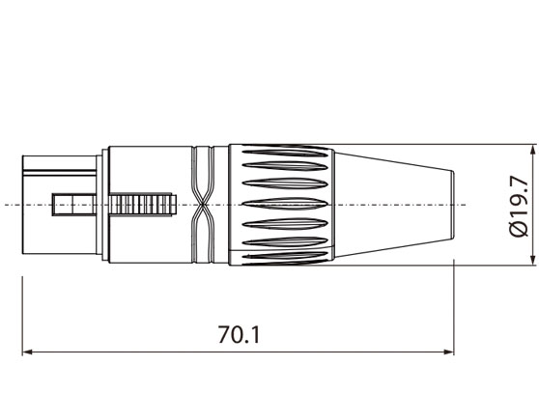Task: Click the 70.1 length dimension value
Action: coord(239,335)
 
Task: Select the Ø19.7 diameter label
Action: coord(519,205)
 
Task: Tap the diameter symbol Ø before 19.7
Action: coord(519,229)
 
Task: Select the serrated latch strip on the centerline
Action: coord(144,204)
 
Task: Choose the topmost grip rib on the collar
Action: coord(285,152)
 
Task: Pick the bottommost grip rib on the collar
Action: coord(285,256)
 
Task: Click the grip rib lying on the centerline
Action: coord(285,204)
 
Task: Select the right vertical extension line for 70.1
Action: coord(455,309)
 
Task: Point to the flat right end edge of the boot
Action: coord(455,204)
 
